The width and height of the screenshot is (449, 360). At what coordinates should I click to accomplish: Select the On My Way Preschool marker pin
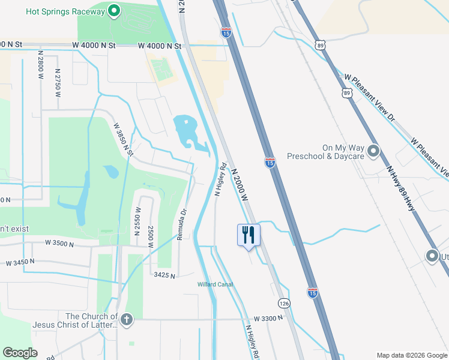[373, 151]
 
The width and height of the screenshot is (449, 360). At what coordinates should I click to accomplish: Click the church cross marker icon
[126, 319]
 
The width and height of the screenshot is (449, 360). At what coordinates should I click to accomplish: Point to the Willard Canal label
[215, 284]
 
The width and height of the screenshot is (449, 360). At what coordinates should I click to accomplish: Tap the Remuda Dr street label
[181, 224]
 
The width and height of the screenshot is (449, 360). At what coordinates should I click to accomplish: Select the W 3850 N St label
[123, 140]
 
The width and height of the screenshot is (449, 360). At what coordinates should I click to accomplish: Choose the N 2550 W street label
[137, 220]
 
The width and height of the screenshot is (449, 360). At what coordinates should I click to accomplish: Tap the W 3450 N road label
[22, 263]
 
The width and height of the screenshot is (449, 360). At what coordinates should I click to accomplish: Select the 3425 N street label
[164, 275]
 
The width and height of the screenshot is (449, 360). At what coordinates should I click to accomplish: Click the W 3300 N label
[268, 318]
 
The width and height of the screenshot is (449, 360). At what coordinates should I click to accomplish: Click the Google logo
[20, 353]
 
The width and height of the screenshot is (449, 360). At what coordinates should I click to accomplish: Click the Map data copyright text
[411, 355]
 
